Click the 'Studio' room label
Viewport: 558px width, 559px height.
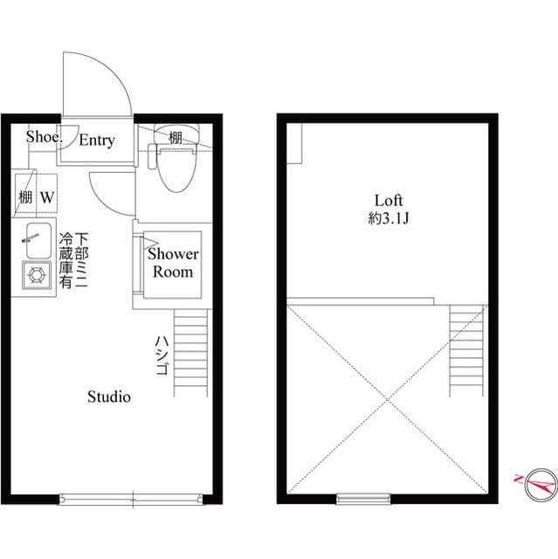tap(109, 397)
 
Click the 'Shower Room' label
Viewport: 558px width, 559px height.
tap(173, 263)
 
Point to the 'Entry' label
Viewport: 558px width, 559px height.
tap(97, 140)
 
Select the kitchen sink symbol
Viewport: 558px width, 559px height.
tap(38, 241)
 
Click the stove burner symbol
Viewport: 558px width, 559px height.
tap(38, 275)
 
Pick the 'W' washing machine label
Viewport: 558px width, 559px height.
tap(46, 197)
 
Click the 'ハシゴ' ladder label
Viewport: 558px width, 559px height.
tap(161, 355)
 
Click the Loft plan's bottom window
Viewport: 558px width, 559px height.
tap(362, 499)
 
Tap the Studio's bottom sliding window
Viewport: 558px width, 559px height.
tap(133, 500)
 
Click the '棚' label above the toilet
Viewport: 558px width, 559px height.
tap(176, 137)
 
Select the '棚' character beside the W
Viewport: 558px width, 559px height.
tap(25, 197)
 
